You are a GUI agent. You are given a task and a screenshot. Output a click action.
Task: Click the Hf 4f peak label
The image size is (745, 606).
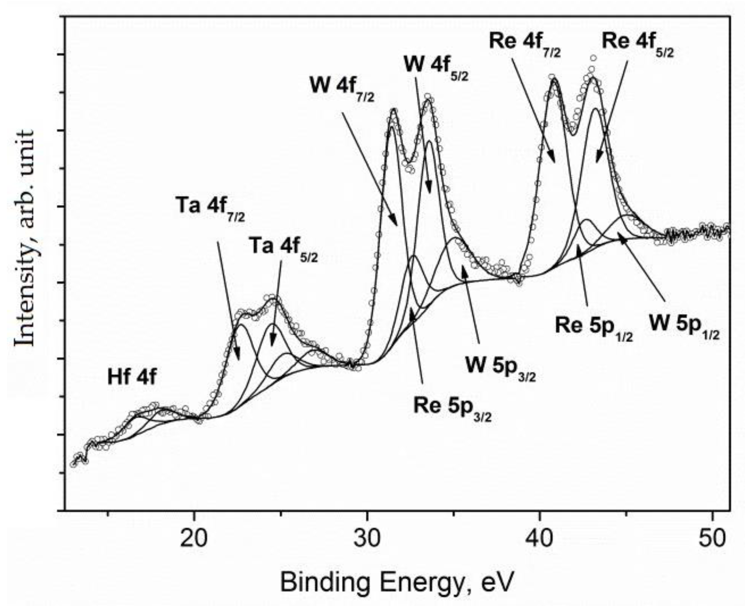click(132, 378)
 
